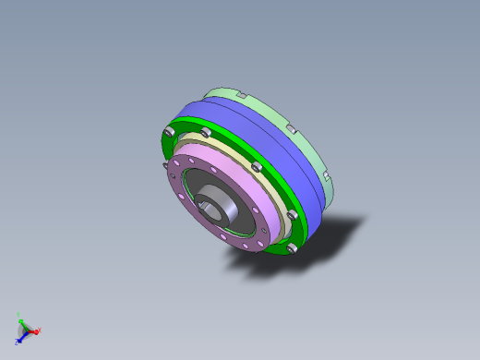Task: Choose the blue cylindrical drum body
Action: pos(277,138)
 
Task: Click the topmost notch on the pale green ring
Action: pos(238,94)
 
